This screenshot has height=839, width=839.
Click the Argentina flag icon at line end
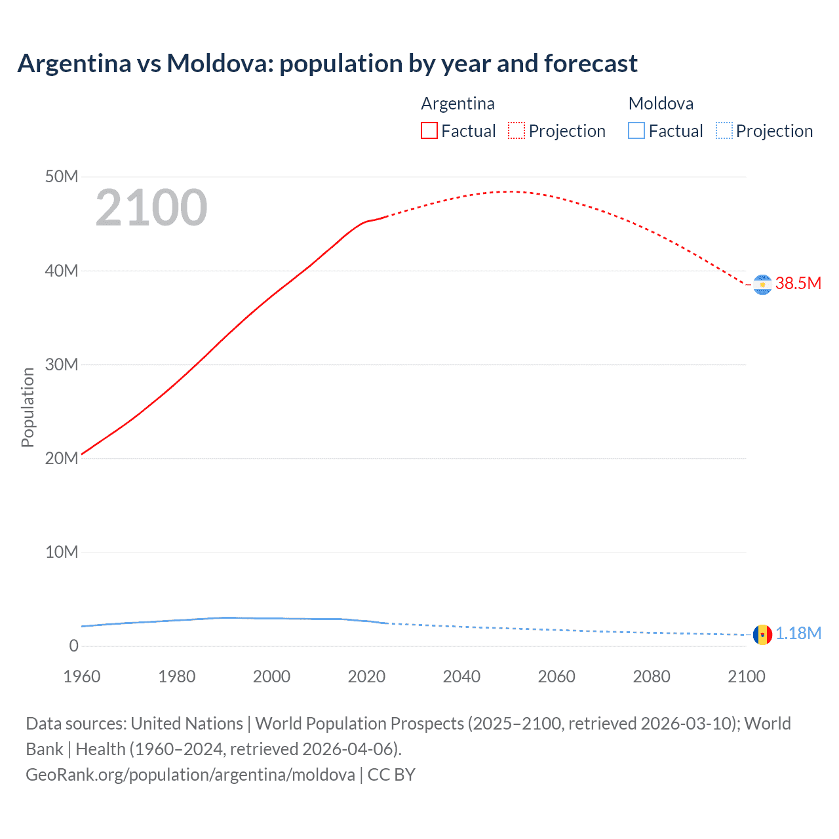(x=762, y=284)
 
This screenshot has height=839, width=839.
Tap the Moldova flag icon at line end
(x=762, y=634)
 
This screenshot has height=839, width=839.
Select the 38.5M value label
(x=798, y=283)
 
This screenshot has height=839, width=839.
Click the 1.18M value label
(x=798, y=633)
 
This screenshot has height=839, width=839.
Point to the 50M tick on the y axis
(x=62, y=177)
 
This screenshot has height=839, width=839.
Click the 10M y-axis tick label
(x=62, y=552)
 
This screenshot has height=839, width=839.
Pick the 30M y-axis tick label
(x=62, y=364)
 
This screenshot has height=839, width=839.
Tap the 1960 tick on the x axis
(x=82, y=676)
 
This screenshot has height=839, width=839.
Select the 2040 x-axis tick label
(x=461, y=676)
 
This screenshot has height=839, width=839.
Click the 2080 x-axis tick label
(x=652, y=676)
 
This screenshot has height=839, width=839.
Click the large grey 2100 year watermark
(x=151, y=208)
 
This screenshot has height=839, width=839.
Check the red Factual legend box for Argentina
(x=429, y=130)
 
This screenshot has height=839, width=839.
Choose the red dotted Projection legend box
(x=517, y=130)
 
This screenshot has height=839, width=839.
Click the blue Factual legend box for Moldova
(x=636, y=130)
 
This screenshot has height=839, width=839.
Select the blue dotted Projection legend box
(x=724, y=130)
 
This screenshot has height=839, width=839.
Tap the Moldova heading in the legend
(x=661, y=104)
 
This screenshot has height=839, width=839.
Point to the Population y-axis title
(x=28, y=407)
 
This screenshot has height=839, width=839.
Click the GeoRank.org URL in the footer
(x=190, y=775)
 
